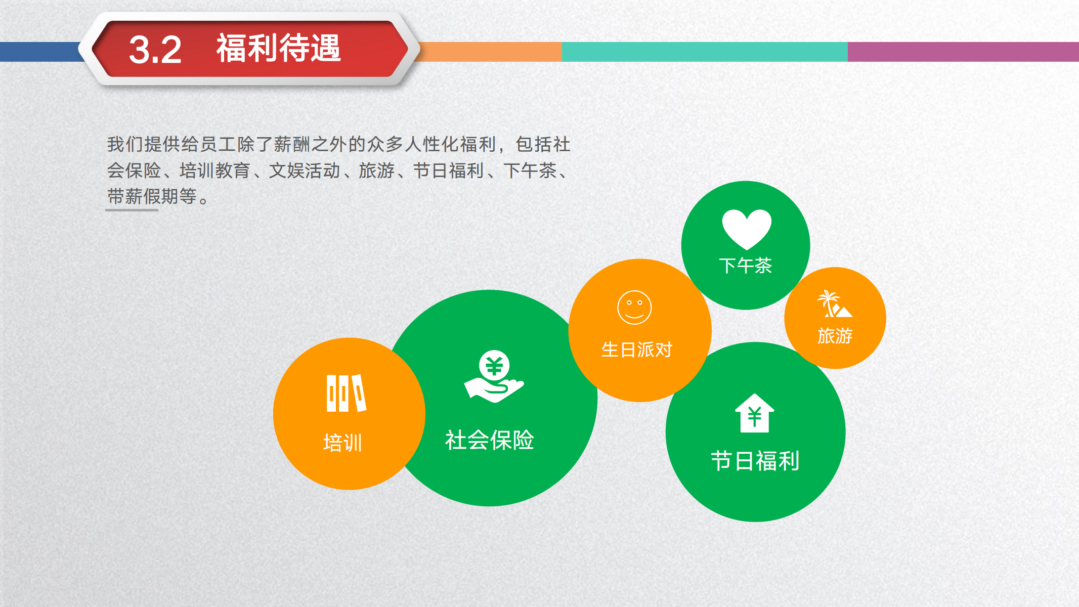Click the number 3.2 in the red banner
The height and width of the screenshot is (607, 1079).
(x=155, y=50)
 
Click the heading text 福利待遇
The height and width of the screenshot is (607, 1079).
(x=279, y=49)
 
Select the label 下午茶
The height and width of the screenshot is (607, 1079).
(x=746, y=266)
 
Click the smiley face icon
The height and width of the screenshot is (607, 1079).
(x=634, y=308)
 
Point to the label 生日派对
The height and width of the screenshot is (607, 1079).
(x=636, y=350)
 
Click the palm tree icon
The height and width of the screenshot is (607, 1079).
(x=834, y=304)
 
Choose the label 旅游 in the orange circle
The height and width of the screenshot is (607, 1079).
(x=835, y=336)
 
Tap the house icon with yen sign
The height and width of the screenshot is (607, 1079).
(x=754, y=414)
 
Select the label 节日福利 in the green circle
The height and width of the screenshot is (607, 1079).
(x=755, y=461)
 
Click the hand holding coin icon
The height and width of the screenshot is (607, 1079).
(x=494, y=377)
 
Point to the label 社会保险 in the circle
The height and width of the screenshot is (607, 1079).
(x=489, y=440)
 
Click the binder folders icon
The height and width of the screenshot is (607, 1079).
(x=346, y=393)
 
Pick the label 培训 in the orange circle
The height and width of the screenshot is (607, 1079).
(x=342, y=443)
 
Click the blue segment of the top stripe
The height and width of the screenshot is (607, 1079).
(x=38, y=52)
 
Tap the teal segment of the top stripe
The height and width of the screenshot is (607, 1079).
(x=704, y=52)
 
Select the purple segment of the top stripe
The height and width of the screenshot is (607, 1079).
(x=963, y=52)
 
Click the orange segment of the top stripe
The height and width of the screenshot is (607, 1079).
(x=491, y=52)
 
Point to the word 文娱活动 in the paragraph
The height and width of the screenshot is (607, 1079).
(x=304, y=170)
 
